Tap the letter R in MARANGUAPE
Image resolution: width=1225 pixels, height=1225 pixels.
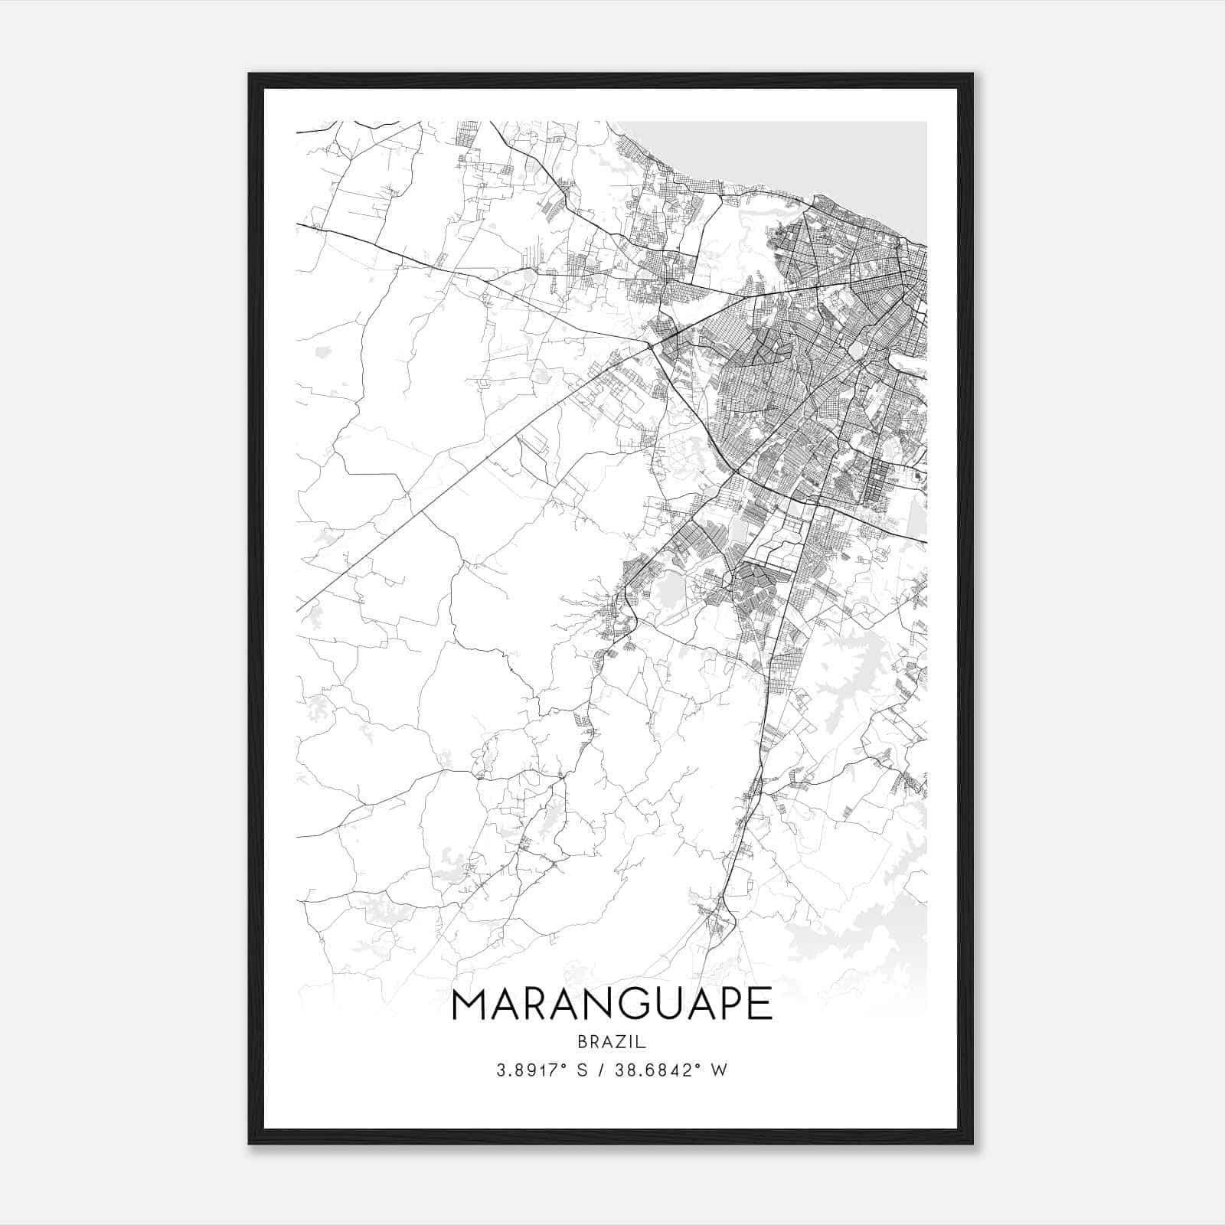543,1004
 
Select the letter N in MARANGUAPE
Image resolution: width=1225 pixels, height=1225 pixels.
617,1004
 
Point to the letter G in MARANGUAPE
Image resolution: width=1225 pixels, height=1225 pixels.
653,1004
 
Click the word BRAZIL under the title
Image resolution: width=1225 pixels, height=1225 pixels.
612,1041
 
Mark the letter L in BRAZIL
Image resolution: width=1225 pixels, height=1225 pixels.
643,1041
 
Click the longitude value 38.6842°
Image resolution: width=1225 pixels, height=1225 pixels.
660,1070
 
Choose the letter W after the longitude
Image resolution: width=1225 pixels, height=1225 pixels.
720,1070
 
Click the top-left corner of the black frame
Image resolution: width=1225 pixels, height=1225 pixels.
250,75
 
